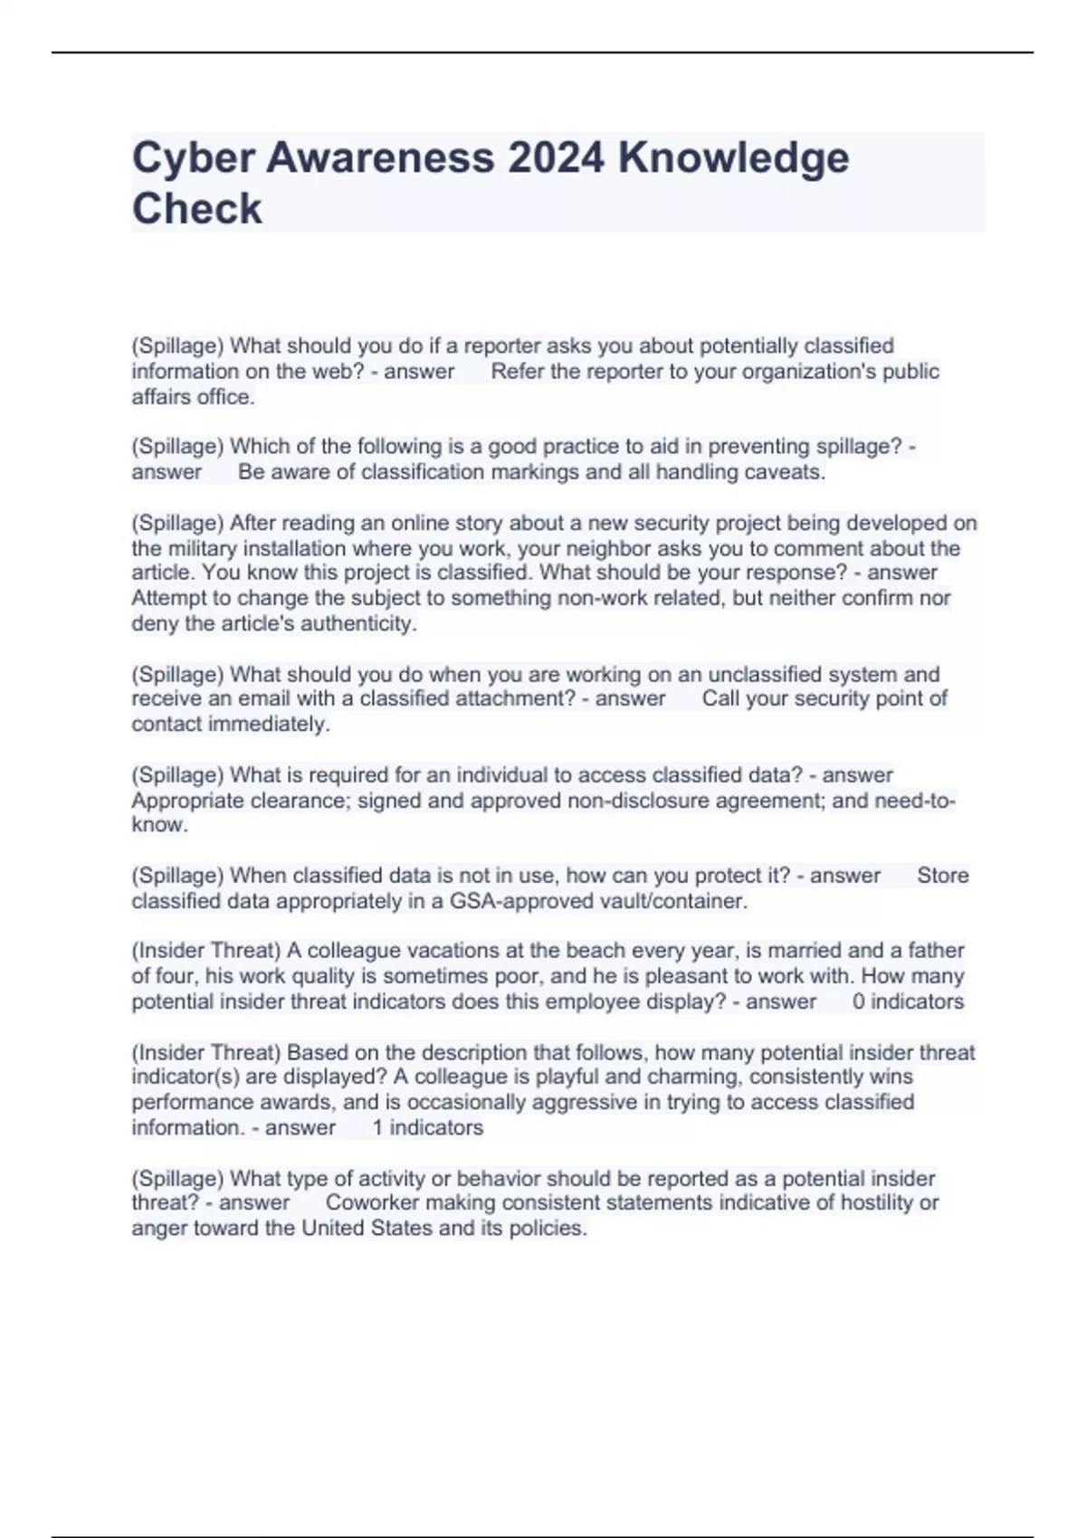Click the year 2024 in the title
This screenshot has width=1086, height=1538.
(555, 158)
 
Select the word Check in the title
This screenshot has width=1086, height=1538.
(196, 209)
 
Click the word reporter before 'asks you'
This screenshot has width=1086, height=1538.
(503, 346)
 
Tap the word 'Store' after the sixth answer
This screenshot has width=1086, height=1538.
(942, 876)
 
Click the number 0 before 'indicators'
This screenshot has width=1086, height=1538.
(858, 1002)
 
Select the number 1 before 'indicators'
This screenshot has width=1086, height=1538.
(377, 1127)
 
